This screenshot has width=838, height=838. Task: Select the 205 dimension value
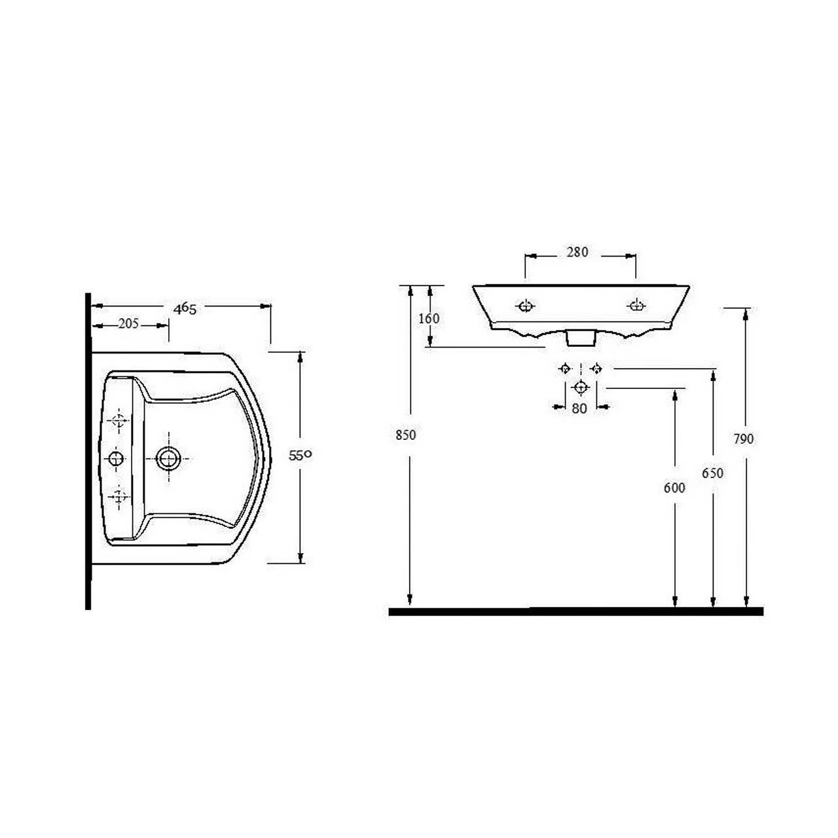(x=128, y=324)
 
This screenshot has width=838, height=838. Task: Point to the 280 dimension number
(x=577, y=252)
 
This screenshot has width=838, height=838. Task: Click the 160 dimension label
(x=428, y=319)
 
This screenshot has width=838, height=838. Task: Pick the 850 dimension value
(x=406, y=435)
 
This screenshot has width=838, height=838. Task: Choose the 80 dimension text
(x=579, y=409)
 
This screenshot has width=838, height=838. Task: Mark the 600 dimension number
(x=674, y=488)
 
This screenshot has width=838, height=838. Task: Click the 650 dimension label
(x=712, y=473)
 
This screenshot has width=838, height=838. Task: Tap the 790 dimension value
(x=744, y=439)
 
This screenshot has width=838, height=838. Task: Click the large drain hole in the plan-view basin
(x=170, y=458)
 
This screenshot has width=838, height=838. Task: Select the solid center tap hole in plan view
(x=117, y=458)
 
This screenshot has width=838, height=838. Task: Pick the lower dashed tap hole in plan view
(x=118, y=496)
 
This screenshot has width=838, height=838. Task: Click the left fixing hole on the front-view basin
(x=526, y=306)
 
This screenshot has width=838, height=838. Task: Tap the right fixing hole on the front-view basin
(x=636, y=305)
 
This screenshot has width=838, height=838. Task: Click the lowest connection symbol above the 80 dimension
(x=580, y=388)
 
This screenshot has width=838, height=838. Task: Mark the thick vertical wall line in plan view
(x=88, y=452)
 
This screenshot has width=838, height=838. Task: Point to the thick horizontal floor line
(x=576, y=611)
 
